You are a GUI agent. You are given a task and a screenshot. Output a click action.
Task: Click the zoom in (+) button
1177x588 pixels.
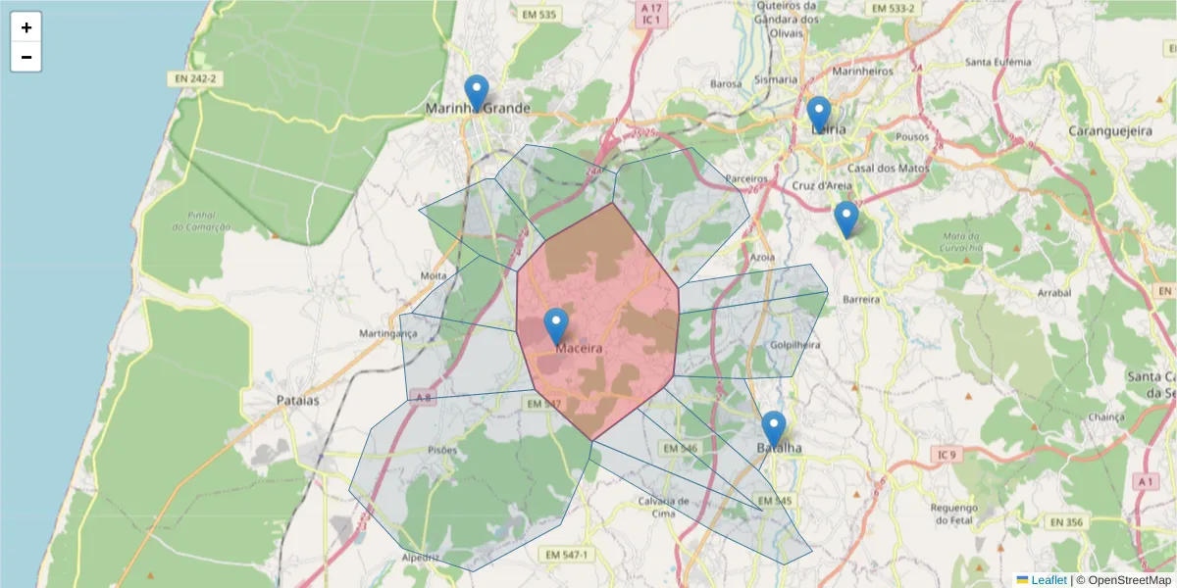point(26,27)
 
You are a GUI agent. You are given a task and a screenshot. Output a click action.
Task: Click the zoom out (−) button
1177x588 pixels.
point(26,57)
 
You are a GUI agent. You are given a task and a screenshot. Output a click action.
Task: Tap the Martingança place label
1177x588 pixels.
point(388,333)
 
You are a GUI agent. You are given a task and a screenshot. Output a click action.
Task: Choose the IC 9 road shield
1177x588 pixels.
point(946,455)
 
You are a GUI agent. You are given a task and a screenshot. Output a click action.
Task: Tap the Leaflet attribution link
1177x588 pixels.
point(1049,580)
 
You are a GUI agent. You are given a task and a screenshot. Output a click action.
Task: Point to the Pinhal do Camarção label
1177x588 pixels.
point(200,220)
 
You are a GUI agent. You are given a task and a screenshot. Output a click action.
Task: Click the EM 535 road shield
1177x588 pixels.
point(540,14)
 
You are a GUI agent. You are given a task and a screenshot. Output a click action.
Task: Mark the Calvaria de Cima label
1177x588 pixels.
point(657,507)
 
